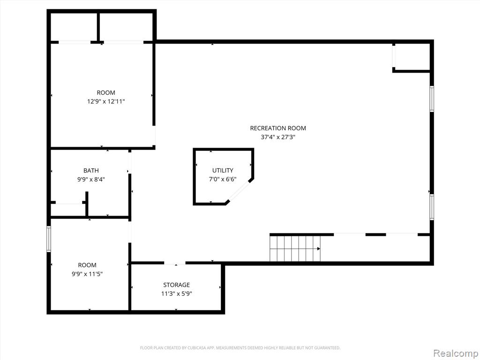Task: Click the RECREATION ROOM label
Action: point(278,128)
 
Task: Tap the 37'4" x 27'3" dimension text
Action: point(278,137)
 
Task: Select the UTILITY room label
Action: point(223,171)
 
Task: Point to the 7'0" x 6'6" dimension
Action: point(223,180)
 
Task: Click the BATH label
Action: point(91,171)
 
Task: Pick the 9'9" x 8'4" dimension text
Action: point(91,180)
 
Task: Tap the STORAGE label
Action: point(176,285)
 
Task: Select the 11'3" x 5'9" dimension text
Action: point(176,294)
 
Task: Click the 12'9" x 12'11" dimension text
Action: point(106,102)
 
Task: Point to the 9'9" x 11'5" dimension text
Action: point(87,274)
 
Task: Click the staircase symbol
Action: point(295,248)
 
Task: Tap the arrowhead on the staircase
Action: point(319,248)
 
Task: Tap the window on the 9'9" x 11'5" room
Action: point(49,239)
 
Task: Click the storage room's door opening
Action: point(175,263)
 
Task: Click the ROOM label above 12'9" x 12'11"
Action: point(106,93)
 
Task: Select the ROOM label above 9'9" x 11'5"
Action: point(87,265)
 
